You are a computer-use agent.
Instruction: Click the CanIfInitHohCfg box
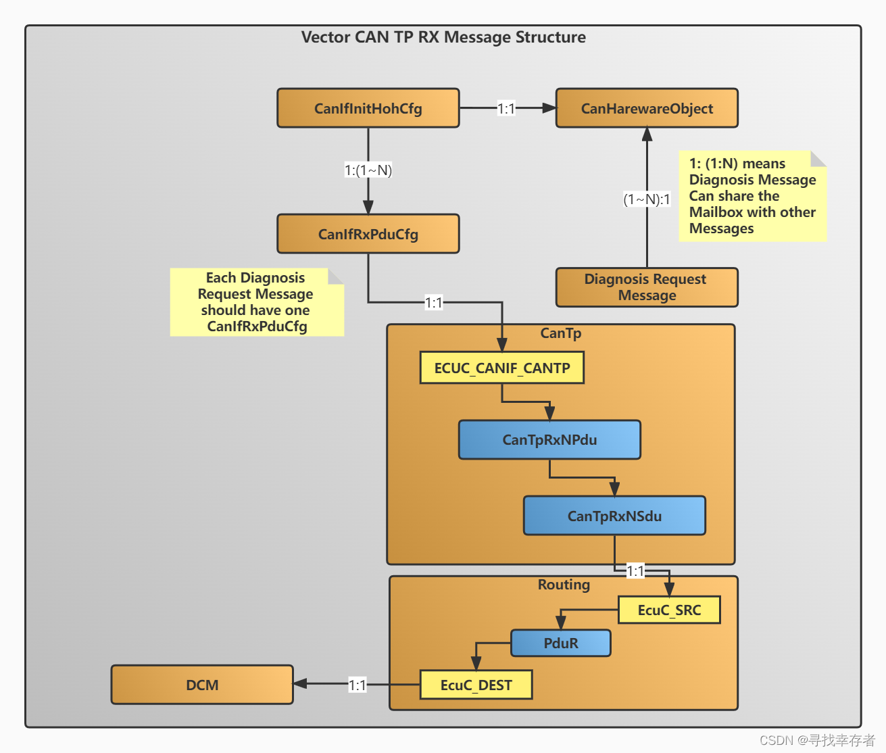(368, 108)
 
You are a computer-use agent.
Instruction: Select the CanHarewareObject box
(647, 108)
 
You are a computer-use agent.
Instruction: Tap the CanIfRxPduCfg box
(368, 234)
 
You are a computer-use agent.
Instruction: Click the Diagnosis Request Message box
(647, 287)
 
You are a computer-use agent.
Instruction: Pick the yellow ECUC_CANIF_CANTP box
(501, 368)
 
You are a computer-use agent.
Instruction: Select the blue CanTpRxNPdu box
(549, 440)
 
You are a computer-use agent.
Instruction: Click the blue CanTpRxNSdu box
(614, 516)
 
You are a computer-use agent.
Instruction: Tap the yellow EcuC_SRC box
(669, 610)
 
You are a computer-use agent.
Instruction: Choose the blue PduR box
(560, 643)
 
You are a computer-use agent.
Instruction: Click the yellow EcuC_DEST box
(476, 685)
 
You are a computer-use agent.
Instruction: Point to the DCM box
(202, 685)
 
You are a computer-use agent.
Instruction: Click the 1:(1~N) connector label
(368, 170)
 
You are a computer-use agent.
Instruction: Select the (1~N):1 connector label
(647, 199)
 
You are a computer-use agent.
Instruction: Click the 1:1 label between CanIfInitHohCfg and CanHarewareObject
(506, 108)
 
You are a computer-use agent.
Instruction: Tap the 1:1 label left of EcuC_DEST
(357, 685)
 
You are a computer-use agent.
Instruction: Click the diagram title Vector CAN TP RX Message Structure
(443, 37)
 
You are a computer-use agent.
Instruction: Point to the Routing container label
(564, 585)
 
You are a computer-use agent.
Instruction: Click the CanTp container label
(560, 333)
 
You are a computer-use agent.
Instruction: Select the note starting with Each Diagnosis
(256, 302)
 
